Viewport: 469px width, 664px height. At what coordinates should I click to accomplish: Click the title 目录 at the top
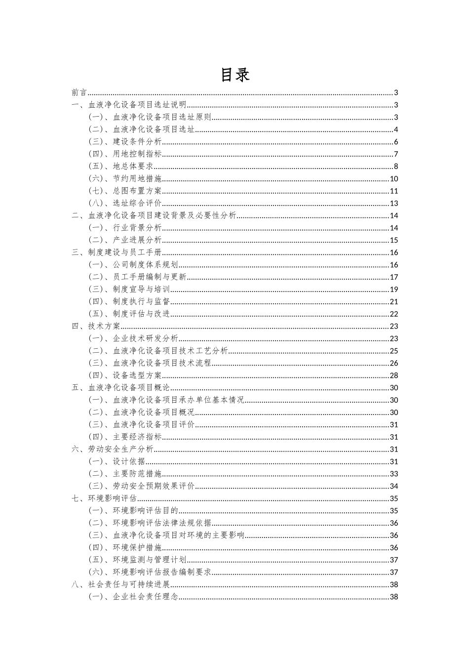pyautogui.click(x=235, y=75)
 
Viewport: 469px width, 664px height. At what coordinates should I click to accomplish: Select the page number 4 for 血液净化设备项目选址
pyautogui.click(x=396, y=129)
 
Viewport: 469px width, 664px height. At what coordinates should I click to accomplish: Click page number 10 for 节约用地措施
pyautogui.click(x=394, y=179)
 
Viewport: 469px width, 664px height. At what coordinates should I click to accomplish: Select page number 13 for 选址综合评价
pyautogui.click(x=394, y=204)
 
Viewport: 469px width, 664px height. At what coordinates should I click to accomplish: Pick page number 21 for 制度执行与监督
pyautogui.click(x=394, y=302)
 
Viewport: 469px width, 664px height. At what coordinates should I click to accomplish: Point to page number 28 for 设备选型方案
pyautogui.click(x=394, y=375)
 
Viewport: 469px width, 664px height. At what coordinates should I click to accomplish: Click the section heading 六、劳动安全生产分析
pyautogui.click(x=113, y=449)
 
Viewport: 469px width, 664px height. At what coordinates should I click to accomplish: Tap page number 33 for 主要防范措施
pyautogui.click(x=394, y=474)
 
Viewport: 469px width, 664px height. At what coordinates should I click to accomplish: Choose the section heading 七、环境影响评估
pyautogui.click(x=104, y=498)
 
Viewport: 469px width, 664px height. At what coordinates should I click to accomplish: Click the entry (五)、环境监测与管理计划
pyautogui.click(x=137, y=560)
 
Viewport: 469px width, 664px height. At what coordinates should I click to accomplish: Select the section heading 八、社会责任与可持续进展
pyautogui.click(x=120, y=584)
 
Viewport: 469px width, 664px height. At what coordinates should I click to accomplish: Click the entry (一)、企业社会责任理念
pyautogui.click(x=133, y=597)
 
